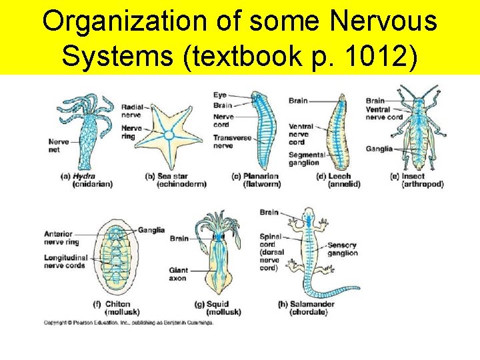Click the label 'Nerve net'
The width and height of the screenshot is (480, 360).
point(59,145)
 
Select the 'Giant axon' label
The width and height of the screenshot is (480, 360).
point(178,274)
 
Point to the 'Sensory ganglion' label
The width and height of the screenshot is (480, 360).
point(342,249)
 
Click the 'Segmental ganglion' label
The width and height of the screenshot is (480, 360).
point(307,159)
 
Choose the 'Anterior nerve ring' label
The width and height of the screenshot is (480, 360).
point(63,237)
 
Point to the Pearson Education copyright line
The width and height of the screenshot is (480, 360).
point(129,323)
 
